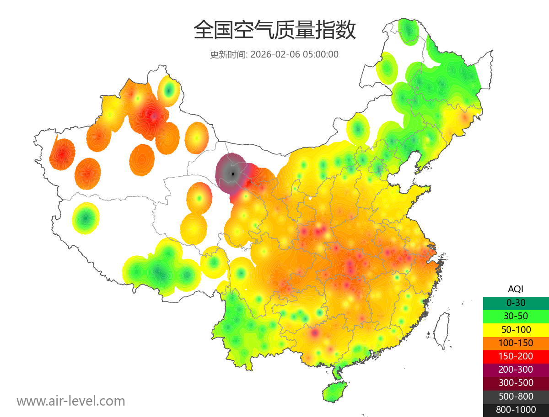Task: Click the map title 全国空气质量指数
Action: tap(274, 31)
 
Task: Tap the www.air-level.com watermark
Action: tap(71, 401)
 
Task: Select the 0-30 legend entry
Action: tap(516, 303)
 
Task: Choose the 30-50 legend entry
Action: tap(516, 316)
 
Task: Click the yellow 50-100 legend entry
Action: tap(516, 329)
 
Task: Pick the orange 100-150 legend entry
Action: tap(516, 343)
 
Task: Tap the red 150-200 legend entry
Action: tap(516, 356)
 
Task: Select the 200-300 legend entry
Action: tap(516, 369)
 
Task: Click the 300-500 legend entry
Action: tap(516, 383)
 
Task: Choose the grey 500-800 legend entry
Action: tap(516, 396)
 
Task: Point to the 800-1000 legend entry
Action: tap(516, 410)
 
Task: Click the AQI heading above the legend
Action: tap(516, 289)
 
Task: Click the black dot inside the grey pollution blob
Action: tap(233, 174)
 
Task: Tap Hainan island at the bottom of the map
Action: tap(334, 392)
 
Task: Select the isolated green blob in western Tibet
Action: tap(86, 218)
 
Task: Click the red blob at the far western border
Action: tap(63, 153)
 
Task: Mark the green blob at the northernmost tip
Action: tap(407, 31)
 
